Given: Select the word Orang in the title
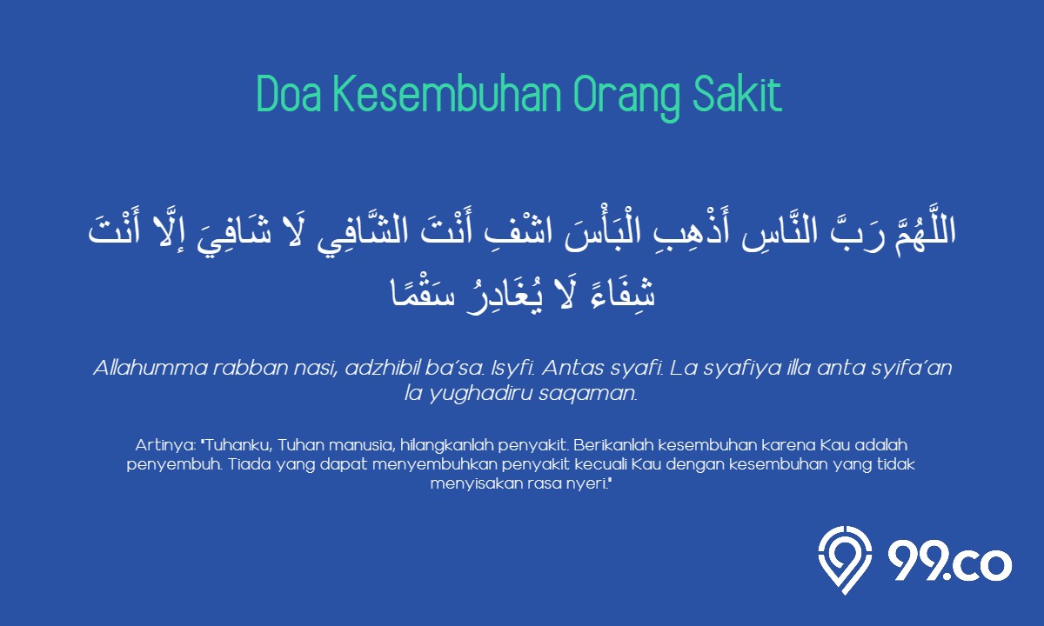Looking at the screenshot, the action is click(x=626, y=97).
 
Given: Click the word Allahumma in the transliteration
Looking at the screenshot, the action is click(x=151, y=368).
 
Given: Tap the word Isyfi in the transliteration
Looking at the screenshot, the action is click(x=512, y=369).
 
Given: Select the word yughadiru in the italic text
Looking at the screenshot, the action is click(x=480, y=394).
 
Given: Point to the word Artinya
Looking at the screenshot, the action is click(x=165, y=446).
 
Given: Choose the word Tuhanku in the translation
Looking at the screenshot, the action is click(x=237, y=445).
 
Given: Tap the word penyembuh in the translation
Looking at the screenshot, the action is click(x=174, y=465).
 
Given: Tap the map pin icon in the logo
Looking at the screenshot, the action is click(x=845, y=560).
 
